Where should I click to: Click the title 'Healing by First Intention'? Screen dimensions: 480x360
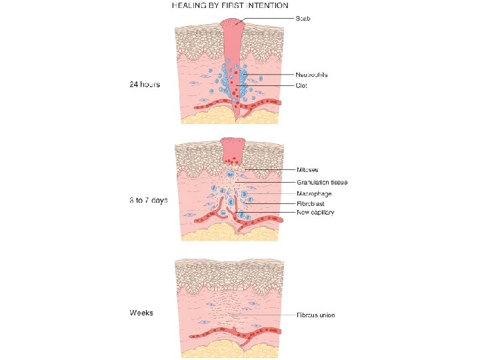tap(229, 5)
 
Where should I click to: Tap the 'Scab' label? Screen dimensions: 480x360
tap(303, 18)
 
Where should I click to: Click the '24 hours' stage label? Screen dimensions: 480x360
tap(144, 85)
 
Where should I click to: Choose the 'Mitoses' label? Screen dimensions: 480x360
tap(307, 170)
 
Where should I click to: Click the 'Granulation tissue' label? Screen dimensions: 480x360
tap(321, 182)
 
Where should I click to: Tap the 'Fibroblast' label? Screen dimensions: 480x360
tap(310, 203)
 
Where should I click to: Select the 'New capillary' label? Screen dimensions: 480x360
tap(315, 213)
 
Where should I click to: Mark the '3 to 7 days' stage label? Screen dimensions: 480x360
tap(147, 200)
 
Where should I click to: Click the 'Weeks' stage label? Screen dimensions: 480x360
tap(141, 313)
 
